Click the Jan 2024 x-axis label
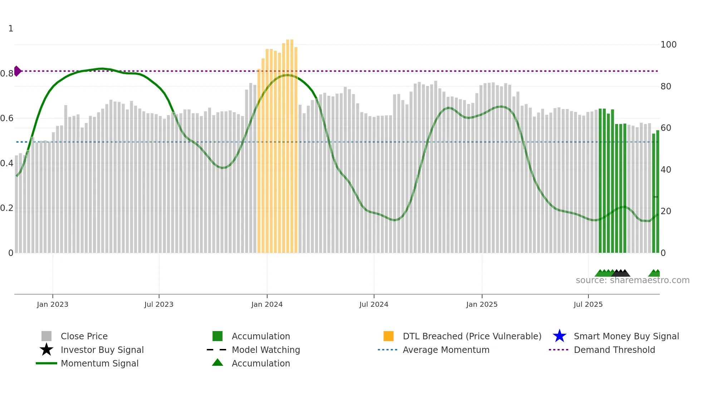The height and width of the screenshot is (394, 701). (267, 304)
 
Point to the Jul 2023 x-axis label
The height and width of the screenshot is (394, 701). (159, 304)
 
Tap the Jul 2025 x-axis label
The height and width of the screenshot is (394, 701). (588, 304)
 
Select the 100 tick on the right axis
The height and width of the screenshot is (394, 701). (668, 45)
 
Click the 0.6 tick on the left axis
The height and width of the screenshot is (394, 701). (7, 118)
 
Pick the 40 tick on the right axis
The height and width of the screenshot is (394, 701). (666, 169)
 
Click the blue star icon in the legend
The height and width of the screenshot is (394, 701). (559, 336)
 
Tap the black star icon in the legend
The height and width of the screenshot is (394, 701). (46, 350)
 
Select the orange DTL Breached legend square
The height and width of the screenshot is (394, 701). (388, 336)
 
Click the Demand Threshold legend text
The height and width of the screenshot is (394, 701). (614, 350)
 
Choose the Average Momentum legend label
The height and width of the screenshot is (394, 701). (446, 350)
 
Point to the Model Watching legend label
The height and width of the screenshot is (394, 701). (266, 350)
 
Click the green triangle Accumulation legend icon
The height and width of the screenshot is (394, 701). (217, 363)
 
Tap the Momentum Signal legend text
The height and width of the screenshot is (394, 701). (99, 363)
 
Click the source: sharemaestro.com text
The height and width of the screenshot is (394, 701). (632, 280)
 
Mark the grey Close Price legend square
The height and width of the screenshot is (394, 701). (46, 336)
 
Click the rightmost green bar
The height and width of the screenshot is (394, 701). (657, 193)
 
